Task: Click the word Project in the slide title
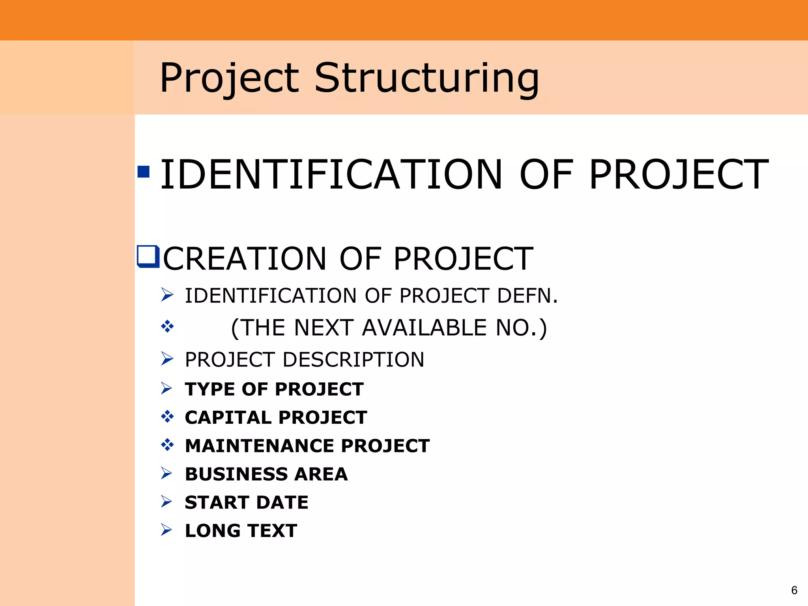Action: point(229,79)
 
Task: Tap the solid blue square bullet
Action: point(144,172)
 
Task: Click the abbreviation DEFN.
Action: point(527,296)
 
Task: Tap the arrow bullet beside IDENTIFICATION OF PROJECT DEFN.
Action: point(167,295)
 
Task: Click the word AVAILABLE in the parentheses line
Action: point(425,328)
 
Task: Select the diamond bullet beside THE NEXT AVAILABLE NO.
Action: point(167,326)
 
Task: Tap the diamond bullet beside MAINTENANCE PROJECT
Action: point(167,445)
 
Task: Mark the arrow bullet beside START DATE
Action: point(167,502)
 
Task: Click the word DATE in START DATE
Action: point(282,503)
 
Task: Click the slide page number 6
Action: point(794,590)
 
